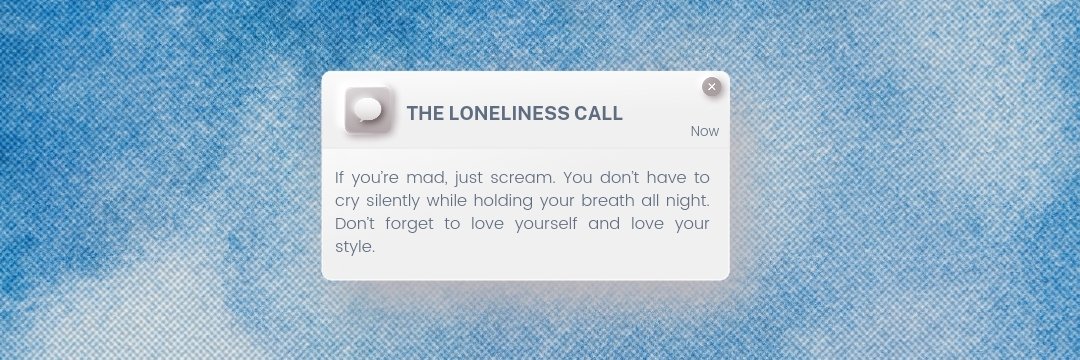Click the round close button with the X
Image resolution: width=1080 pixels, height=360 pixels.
click(x=711, y=87)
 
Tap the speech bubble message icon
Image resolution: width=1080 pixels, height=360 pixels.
click(x=368, y=110)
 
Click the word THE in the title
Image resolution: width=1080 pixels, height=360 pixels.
click(x=424, y=113)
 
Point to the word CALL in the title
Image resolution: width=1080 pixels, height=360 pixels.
click(x=598, y=113)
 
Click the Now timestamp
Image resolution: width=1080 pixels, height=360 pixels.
click(x=704, y=131)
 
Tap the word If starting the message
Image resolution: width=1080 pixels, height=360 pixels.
click(x=340, y=177)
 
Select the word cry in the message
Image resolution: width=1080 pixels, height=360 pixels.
click(x=347, y=200)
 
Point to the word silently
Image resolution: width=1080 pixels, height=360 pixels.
click(x=397, y=200)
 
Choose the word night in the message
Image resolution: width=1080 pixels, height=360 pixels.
click(x=687, y=200)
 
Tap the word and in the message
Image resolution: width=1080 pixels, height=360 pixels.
click(x=604, y=223)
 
